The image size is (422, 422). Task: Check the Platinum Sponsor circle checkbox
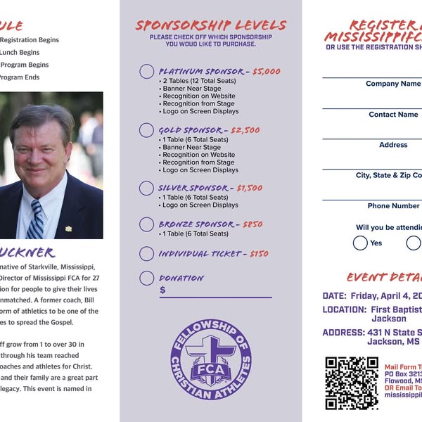coord(146,72)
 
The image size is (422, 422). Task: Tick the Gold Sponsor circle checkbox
coord(146,130)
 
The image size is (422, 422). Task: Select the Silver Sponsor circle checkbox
coord(146,188)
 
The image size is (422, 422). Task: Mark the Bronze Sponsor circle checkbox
coord(146,224)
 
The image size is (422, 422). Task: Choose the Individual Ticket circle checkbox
coord(146,254)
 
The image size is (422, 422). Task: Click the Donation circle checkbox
coord(146,278)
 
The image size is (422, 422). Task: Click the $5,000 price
coord(266,72)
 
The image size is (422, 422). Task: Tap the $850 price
coord(252,224)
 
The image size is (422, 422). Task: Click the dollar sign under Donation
coord(162,290)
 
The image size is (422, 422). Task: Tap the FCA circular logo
coord(211,359)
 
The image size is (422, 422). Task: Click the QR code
coord(352,383)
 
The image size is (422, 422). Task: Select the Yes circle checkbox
coord(360,243)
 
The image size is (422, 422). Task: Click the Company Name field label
coord(392,84)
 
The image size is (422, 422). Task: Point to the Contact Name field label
coord(393,115)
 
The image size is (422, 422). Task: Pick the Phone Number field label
coord(393,206)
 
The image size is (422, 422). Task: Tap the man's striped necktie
coord(36,219)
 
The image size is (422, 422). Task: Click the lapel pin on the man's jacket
coord(69,228)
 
